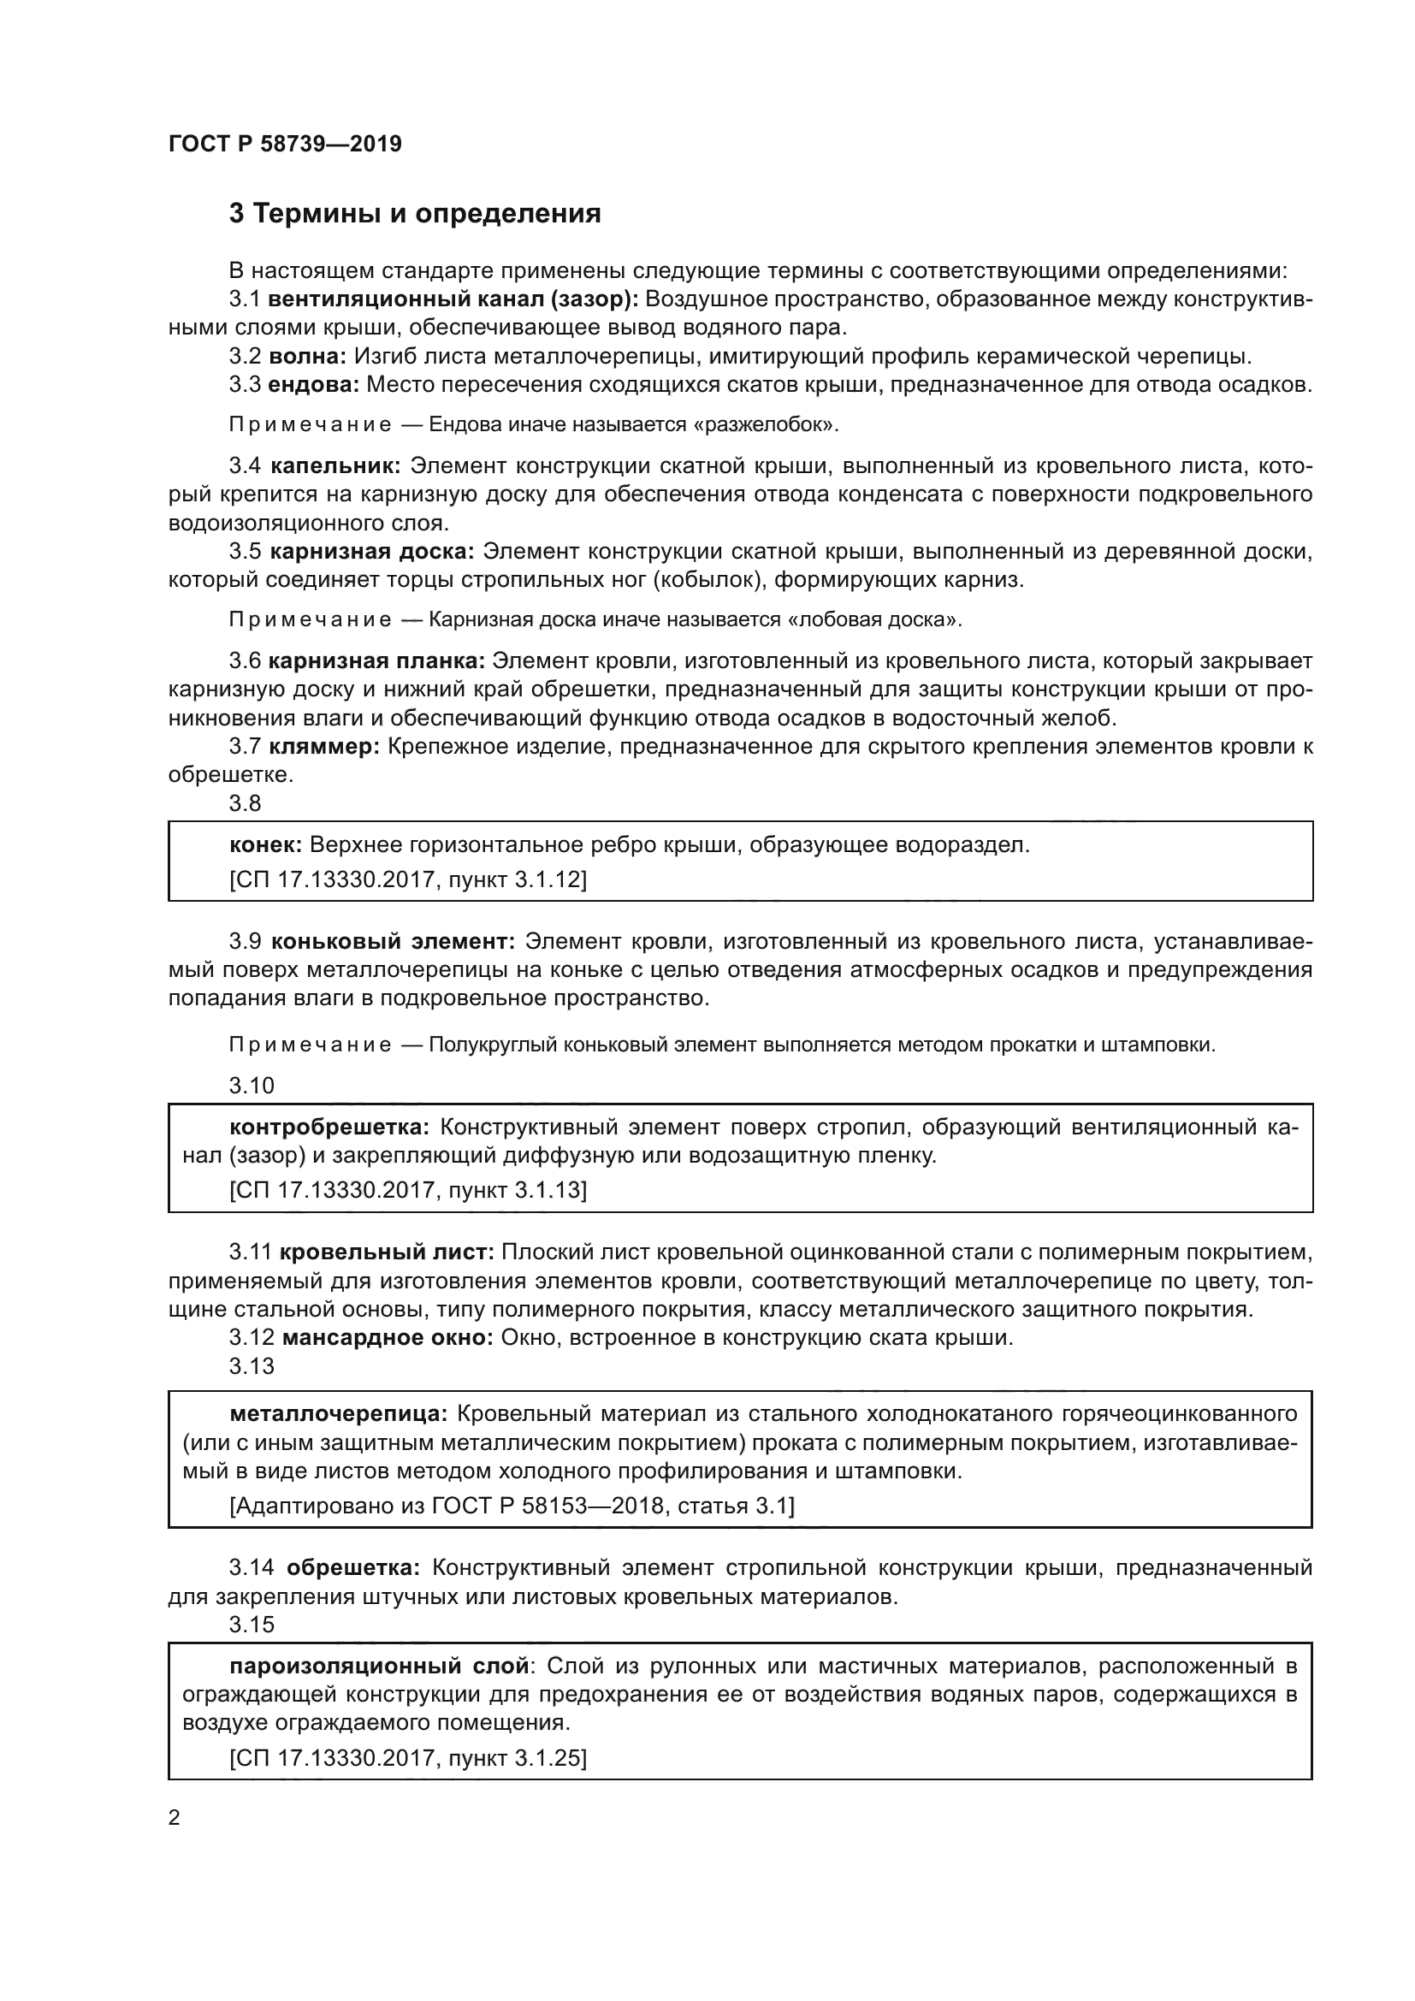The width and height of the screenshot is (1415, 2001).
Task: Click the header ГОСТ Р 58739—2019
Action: tap(285, 145)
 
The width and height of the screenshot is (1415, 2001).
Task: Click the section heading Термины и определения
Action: tap(415, 215)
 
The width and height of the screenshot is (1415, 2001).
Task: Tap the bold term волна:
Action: tap(308, 357)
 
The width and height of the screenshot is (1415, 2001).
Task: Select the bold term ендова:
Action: tap(314, 384)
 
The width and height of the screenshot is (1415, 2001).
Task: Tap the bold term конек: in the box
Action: tap(266, 845)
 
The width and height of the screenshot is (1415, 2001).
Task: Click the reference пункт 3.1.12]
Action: tap(518, 880)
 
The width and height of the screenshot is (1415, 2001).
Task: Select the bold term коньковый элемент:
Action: tap(393, 941)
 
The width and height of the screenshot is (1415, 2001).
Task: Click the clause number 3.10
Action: tap(252, 1086)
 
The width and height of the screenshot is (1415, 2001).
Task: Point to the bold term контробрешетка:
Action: tap(329, 1128)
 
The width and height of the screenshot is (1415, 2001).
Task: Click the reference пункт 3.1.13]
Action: tap(518, 1191)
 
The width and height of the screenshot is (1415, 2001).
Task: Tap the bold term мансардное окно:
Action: tap(388, 1338)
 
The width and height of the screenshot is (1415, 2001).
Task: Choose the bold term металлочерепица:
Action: tap(338, 1413)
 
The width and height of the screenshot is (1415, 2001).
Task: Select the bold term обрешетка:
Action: tap(352, 1568)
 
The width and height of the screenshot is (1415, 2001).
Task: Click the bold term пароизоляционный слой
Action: tap(379, 1667)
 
